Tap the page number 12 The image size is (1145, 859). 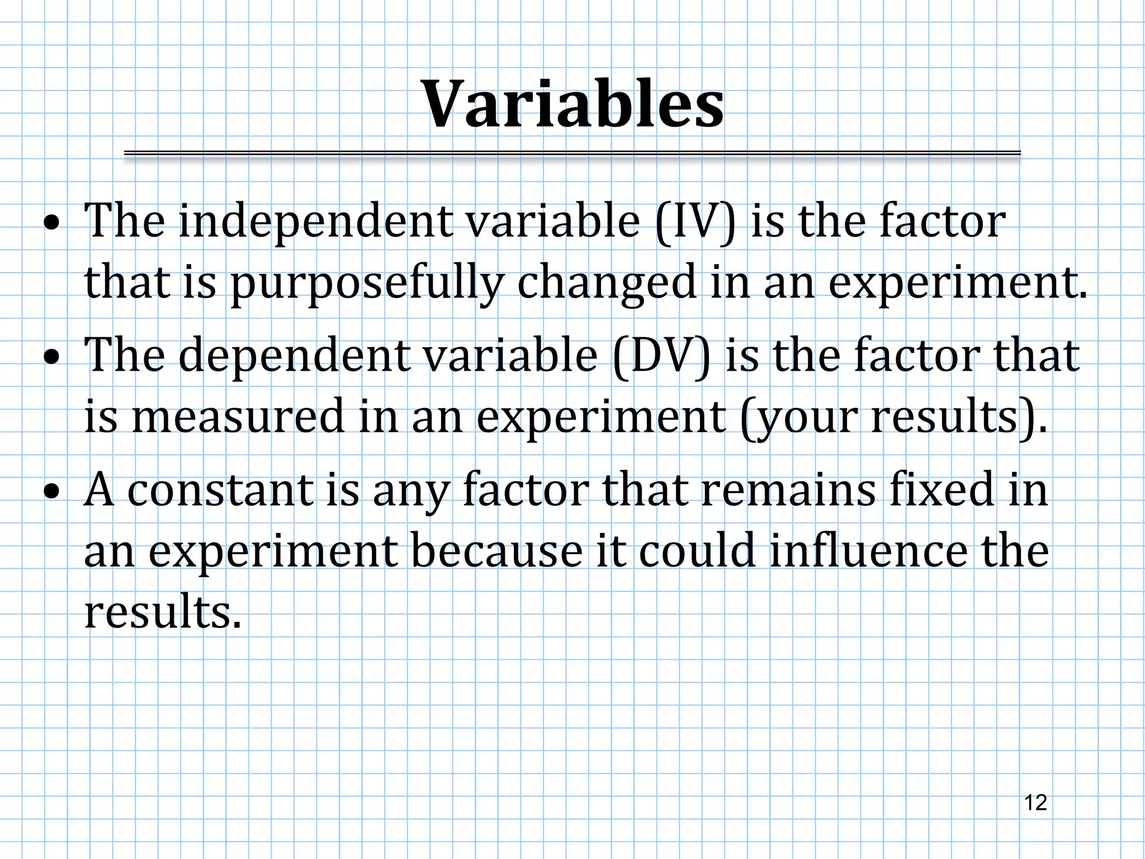1035,803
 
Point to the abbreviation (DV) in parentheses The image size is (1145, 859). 662,356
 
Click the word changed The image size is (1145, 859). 607,283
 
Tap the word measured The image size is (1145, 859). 238,416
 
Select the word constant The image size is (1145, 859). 220,490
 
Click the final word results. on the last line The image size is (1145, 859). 163,612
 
